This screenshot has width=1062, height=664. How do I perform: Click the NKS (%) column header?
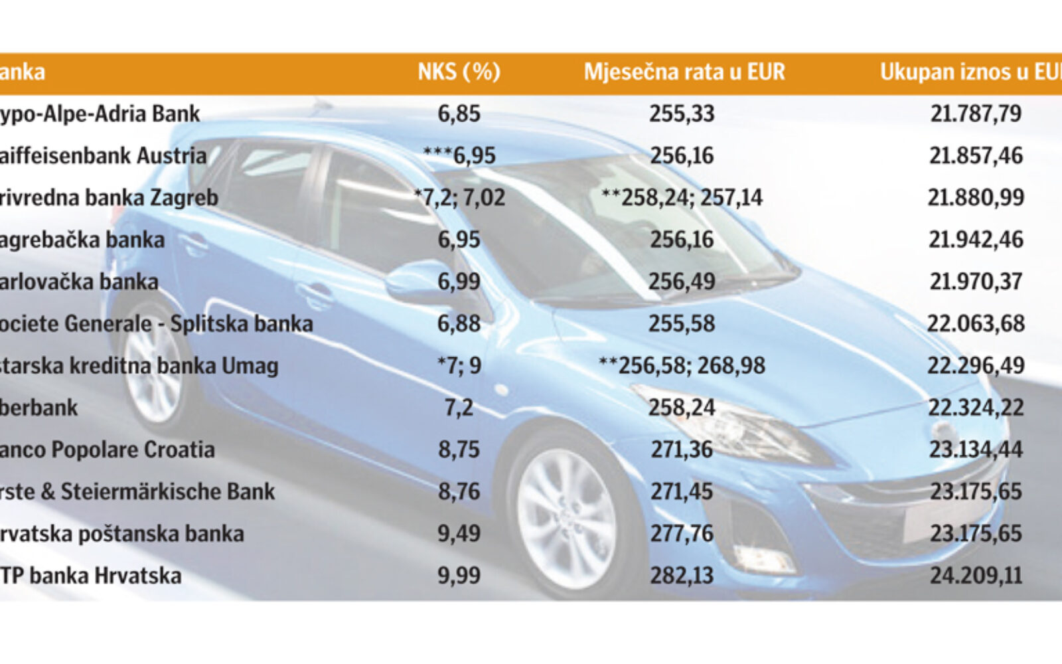point(459,72)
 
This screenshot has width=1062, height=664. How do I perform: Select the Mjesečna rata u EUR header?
point(684,72)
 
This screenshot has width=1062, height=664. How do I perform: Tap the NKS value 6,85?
point(459,114)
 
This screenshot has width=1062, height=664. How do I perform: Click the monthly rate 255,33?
point(682,114)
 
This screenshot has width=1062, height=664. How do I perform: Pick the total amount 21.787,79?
point(975,114)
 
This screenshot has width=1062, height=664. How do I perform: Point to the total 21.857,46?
point(975,155)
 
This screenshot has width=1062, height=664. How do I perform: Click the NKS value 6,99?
point(459,282)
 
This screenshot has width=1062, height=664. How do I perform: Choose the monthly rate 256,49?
point(682,282)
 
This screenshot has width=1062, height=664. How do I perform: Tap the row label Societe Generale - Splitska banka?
point(155,324)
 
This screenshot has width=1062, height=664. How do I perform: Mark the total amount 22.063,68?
point(975,324)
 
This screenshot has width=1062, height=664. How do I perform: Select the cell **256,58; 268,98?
point(682,366)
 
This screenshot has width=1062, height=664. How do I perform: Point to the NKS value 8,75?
point(459,450)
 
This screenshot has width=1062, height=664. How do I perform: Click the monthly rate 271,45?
point(682,492)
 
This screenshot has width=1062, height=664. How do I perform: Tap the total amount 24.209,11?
point(975,576)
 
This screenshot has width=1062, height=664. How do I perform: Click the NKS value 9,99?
point(459,576)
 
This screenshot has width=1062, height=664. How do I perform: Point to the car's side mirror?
point(418,282)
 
